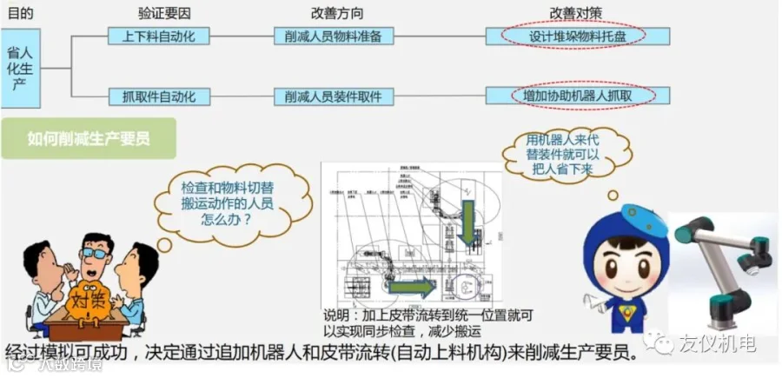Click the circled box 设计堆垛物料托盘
(577, 36)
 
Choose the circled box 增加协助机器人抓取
(577, 96)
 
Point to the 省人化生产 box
(19, 67)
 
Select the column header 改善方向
(336, 13)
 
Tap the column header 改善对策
(573, 13)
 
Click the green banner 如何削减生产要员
(89, 138)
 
